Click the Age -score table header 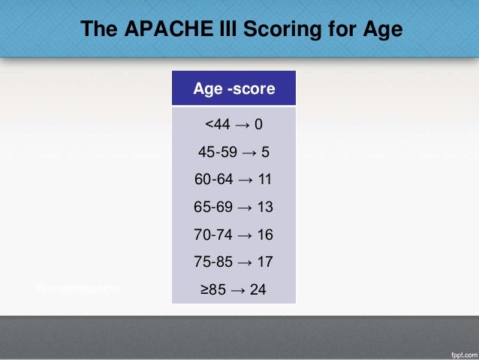point(233,89)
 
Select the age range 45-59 point(216,153)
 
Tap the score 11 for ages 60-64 point(264,180)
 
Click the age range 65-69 point(212,207)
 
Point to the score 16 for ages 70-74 point(264,235)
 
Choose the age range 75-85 point(212,262)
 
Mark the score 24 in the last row point(258,289)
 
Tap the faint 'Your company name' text point(77,288)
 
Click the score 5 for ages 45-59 point(265,153)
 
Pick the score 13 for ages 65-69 point(264,207)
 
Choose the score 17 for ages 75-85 point(264,262)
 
